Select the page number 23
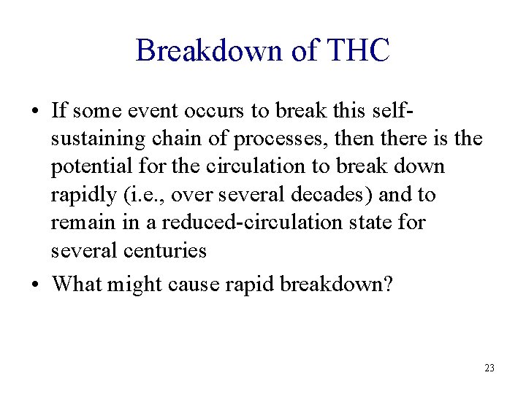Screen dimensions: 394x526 489,368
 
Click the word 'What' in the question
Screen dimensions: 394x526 77,283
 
